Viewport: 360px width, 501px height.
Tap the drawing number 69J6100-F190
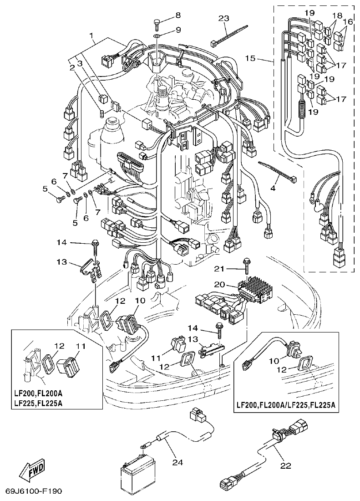[34, 492]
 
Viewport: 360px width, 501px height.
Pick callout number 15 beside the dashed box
[263, 59]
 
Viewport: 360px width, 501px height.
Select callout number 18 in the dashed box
[337, 15]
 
